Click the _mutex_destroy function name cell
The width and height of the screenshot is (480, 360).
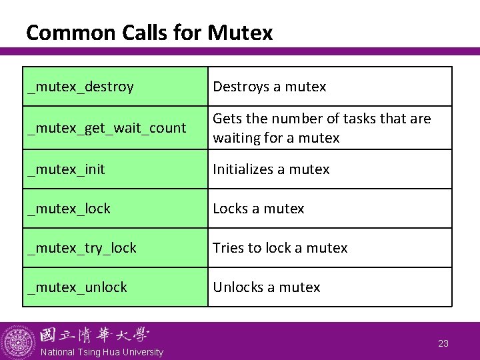click(x=81, y=87)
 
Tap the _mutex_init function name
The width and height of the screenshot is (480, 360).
click(x=66, y=169)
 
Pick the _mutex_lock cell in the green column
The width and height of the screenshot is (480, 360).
click(x=69, y=209)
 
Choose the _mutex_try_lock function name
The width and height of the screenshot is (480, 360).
click(x=81, y=248)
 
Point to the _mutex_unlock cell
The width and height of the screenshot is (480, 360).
click(x=77, y=287)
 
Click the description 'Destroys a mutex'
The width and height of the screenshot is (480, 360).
click(x=269, y=87)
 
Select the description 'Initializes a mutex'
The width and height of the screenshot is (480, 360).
click(x=271, y=169)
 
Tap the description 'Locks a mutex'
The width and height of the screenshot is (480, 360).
click(x=258, y=209)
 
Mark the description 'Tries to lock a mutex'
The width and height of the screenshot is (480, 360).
click(x=280, y=248)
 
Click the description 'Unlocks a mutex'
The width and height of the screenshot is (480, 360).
click(x=266, y=287)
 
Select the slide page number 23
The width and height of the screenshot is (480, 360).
click(x=443, y=343)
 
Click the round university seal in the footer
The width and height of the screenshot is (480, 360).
click(x=18, y=342)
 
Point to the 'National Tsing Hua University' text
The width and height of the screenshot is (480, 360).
click(x=101, y=352)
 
